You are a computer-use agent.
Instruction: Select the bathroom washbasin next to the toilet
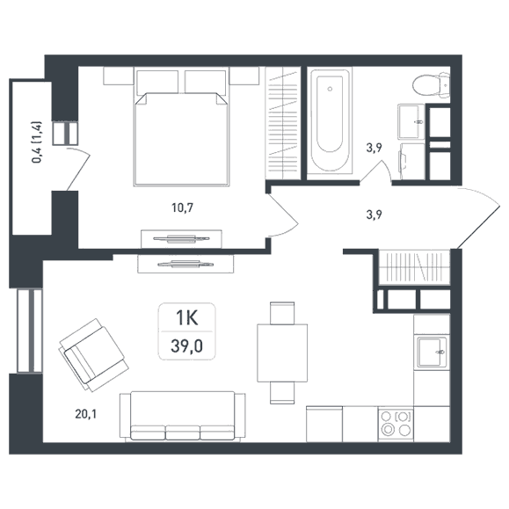[411, 121]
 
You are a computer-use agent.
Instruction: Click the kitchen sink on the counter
[432, 352]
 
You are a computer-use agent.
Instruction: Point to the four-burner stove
[396, 425]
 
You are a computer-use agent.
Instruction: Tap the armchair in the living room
[93, 355]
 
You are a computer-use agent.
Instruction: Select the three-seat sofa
[183, 417]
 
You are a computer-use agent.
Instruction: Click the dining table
[282, 353]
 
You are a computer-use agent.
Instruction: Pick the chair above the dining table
[282, 313]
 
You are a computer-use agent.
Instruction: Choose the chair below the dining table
[282, 393]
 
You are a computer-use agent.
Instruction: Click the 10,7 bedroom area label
[183, 207]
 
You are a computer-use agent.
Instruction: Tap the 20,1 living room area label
[85, 414]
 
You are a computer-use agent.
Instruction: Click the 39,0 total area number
[186, 346]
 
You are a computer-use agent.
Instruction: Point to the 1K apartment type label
[186, 318]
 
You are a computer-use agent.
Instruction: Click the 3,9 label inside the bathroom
[374, 148]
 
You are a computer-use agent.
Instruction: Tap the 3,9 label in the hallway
[374, 215]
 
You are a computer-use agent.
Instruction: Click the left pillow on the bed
[157, 82]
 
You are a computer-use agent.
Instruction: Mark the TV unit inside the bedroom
[181, 239]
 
